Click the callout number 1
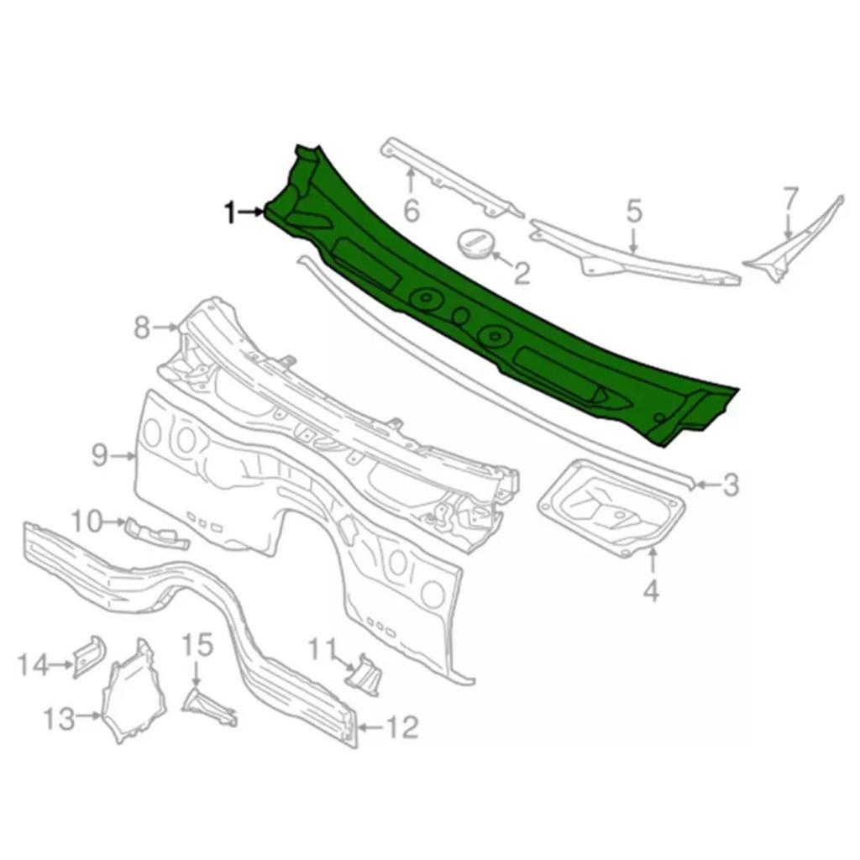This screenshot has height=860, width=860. [231, 212]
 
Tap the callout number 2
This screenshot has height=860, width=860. [521, 273]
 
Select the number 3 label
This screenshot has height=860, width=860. [730, 485]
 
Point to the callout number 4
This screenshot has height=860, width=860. [651, 590]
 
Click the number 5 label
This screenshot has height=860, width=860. [633, 211]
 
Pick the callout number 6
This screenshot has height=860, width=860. [412, 210]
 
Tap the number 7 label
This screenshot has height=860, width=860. [789, 198]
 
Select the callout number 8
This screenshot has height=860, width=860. [142, 328]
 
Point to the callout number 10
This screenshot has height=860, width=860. [87, 521]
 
